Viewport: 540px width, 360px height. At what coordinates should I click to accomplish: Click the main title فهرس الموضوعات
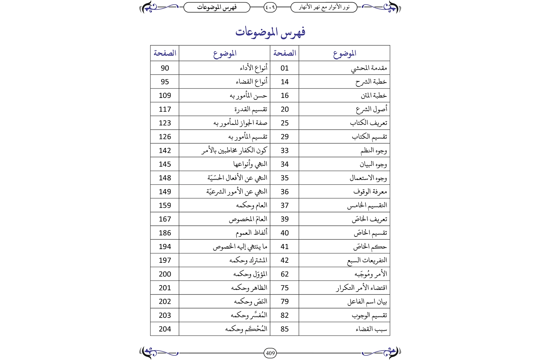click(270, 32)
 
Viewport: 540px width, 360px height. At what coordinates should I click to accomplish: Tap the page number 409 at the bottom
click(270, 353)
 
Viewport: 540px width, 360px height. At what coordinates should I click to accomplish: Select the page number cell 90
click(165, 68)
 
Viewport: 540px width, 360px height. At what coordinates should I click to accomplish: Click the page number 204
click(165, 329)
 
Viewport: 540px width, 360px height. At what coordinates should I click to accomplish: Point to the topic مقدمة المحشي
click(369, 68)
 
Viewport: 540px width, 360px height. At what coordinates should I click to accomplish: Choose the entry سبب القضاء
click(371, 329)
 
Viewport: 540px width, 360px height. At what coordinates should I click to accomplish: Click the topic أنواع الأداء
click(253, 68)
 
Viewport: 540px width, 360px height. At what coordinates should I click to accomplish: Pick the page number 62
click(284, 274)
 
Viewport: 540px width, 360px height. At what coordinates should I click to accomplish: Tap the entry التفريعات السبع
click(367, 260)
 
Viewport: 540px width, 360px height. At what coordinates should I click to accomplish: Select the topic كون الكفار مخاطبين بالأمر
click(234, 150)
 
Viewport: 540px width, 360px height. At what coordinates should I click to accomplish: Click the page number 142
click(165, 150)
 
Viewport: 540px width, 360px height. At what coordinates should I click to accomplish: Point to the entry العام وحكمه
click(251, 206)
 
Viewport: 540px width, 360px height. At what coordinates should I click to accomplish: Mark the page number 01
click(284, 68)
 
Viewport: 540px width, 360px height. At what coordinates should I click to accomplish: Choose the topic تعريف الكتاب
click(368, 123)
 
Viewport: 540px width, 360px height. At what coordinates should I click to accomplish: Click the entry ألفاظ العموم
click(251, 233)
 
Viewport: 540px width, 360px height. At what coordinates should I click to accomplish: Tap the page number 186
click(165, 233)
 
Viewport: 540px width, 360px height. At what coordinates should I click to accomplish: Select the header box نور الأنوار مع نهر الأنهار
click(324, 7)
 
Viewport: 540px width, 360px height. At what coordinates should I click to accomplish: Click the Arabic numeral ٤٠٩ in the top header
click(270, 7)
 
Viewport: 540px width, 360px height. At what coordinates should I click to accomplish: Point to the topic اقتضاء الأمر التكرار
click(361, 288)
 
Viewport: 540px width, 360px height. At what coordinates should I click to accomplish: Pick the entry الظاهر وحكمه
click(249, 288)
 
